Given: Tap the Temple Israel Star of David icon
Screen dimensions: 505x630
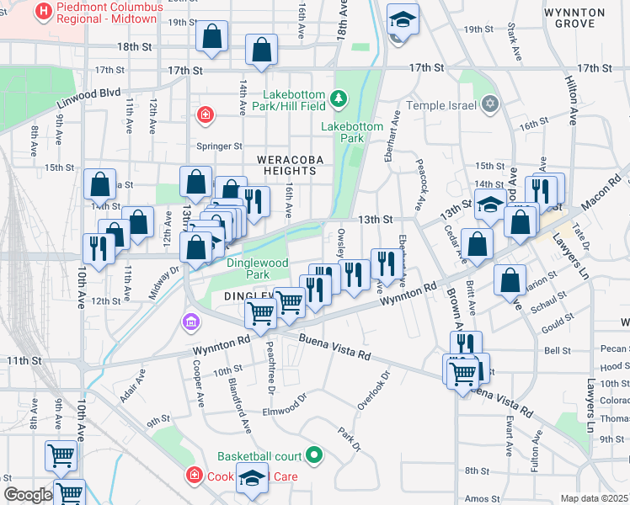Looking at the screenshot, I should [490, 105].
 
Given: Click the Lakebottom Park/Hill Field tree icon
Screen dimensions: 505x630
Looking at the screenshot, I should [339, 100].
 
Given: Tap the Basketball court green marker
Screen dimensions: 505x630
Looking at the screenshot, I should [315, 456].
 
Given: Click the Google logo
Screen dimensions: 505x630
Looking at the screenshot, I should [28, 495].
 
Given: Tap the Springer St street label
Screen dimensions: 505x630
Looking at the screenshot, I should [219, 146].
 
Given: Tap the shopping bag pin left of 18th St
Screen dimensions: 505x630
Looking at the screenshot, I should [212, 38].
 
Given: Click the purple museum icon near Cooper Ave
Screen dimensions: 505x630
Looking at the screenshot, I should [192, 321].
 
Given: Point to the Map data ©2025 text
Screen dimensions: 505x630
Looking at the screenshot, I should [594, 498].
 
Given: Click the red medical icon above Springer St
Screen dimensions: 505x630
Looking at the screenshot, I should [204, 114].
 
